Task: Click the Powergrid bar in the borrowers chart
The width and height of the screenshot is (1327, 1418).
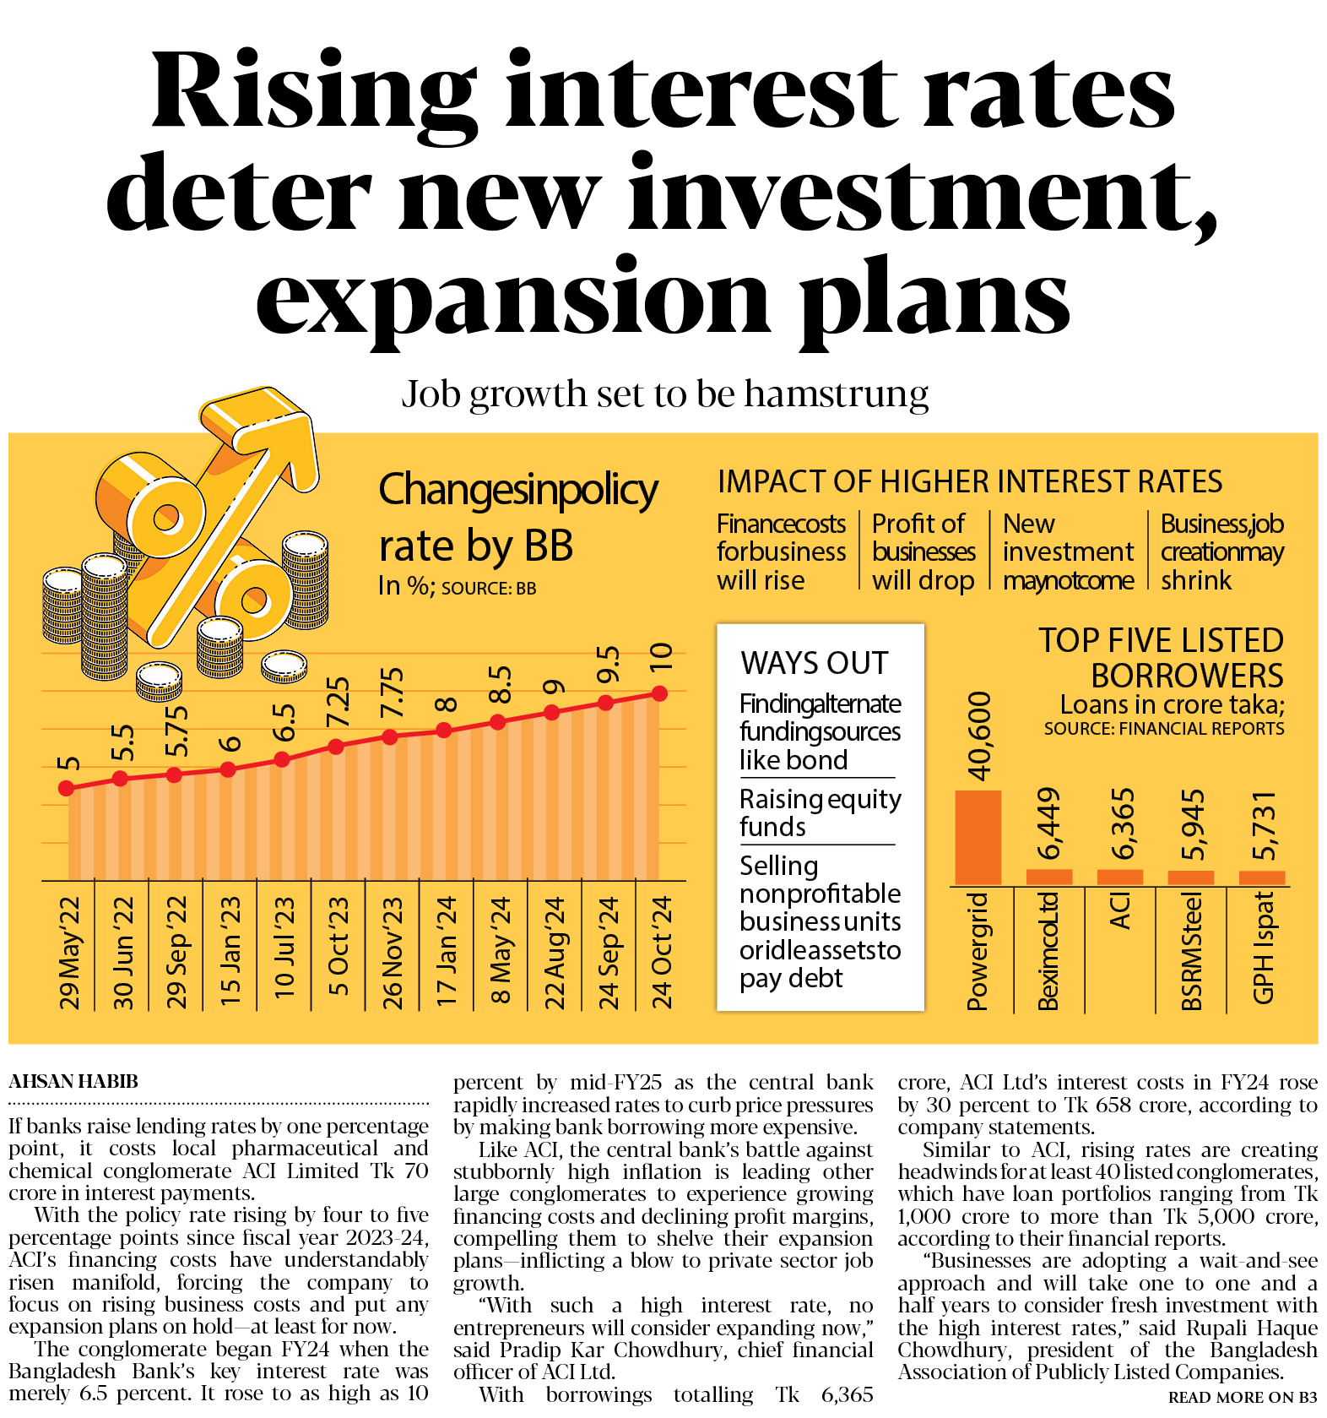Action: pyautogui.click(x=978, y=837)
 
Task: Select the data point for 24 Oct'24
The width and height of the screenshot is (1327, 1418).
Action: pyautogui.click(x=659, y=693)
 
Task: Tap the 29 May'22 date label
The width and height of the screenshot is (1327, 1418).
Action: pyautogui.click(x=69, y=953)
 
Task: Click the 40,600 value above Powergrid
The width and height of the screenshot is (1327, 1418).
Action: pyautogui.click(x=979, y=736)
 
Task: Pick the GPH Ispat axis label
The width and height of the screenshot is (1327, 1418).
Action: pyautogui.click(x=1263, y=948)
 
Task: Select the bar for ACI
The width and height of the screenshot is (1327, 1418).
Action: pyautogui.click(x=1119, y=877)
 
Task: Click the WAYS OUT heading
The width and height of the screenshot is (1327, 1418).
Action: pyautogui.click(x=815, y=663)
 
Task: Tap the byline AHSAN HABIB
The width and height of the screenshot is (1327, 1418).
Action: pyautogui.click(x=73, y=1081)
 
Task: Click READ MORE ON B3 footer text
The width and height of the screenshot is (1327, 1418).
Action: pyautogui.click(x=1242, y=1398)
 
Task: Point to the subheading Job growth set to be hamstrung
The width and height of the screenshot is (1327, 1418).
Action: pyautogui.click(x=664, y=394)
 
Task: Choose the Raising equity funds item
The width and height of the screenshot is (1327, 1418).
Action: pyautogui.click(x=820, y=812)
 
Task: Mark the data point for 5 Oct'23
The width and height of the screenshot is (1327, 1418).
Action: pyautogui.click(x=336, y=747)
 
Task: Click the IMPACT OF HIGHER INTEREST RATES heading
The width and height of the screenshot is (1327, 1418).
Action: pyautogui.click(x=969, y=481)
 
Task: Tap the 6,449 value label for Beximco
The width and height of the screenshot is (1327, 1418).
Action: pyautogui.click(x=1048, y=823)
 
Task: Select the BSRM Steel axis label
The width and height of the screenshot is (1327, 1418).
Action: pyautogui.click(x=1191, y=951)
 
